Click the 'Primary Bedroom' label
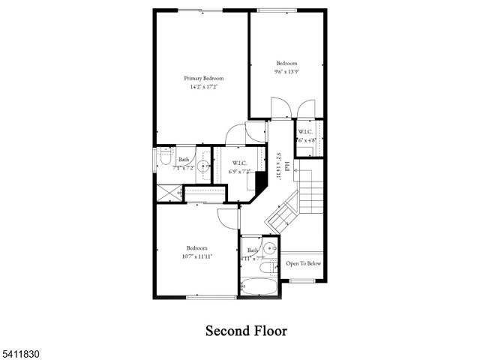click(204, 78)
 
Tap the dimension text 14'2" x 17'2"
click(204, 88)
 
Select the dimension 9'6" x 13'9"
click(286, 72)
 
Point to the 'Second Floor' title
click(247, 330)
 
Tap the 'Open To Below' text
click(304, 264)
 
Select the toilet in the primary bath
click(165, 159)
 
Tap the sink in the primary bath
click(202, 166)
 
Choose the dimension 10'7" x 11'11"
click(197, 257)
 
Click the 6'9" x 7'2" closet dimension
click(240, 172)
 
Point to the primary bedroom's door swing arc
click(235, 133)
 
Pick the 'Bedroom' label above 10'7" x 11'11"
click(197, 247)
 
